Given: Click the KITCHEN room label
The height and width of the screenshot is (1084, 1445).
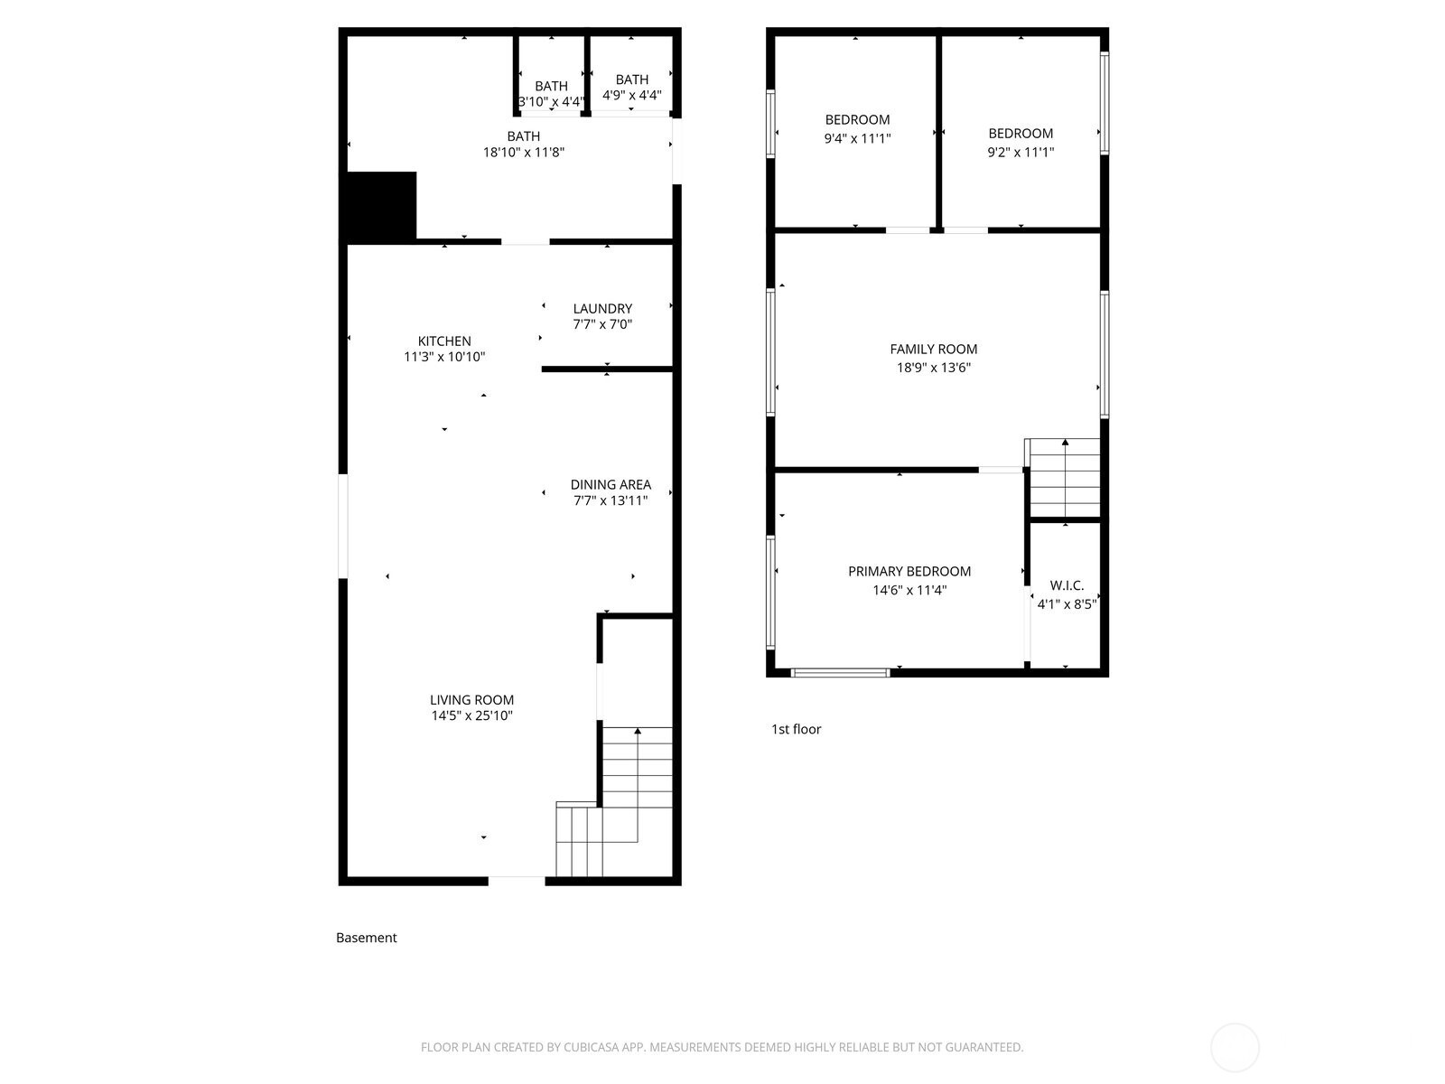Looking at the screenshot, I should tap(443, 341).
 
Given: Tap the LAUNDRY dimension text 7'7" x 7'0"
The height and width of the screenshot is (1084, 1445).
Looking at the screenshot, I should tap(602, 324).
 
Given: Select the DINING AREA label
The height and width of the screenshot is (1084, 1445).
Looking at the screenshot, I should tap(611, 484).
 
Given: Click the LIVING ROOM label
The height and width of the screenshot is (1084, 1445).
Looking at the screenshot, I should tap(471, 699).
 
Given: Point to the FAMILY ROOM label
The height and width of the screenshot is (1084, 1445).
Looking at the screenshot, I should tap(933, 349).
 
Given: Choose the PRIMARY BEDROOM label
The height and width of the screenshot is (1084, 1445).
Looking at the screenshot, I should tap(909, 571).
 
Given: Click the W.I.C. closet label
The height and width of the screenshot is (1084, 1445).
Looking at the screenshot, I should tap(1067, 585).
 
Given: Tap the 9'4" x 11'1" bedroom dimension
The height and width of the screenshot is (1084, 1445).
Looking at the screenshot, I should tap(857, 138).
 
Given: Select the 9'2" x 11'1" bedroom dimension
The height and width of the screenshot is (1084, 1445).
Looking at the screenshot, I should tap(1021, 152).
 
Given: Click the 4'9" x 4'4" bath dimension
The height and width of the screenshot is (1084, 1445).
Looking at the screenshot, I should tap(632, 95).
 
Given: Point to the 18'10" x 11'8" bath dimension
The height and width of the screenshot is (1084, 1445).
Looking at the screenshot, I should tap(524, 153).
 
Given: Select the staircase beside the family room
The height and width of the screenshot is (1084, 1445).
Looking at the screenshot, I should tap(1065, 476).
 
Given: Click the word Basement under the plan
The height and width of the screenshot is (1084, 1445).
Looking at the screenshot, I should tap(366, 938).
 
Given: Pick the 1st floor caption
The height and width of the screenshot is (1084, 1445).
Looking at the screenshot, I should tap(796, 729).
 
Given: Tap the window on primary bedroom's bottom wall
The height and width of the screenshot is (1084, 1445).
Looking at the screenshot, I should tap(840, 672).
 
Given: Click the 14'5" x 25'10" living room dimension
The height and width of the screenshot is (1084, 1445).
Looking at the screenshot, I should tap(471, 715).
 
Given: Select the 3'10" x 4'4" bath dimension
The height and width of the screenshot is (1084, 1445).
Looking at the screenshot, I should tap(551, 102).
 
